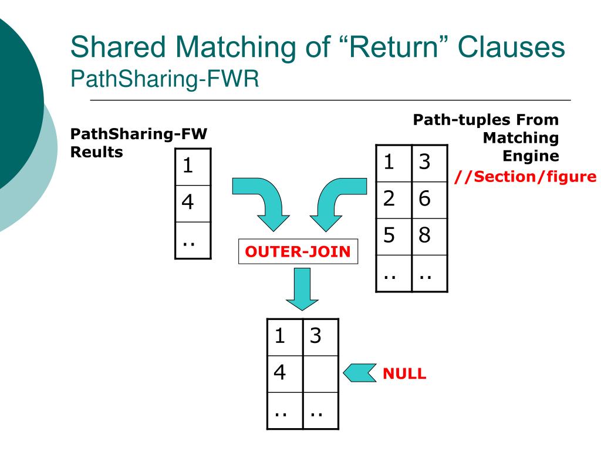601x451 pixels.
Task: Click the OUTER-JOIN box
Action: tap(298, 251)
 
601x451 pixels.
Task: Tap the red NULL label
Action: tap(404, 373)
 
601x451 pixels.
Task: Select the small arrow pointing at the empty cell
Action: tap(360, 373)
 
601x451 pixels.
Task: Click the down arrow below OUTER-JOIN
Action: tap(302, 289)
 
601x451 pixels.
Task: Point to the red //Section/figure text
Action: tap(525, 177)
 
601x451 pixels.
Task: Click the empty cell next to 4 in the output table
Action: tap(320, 374)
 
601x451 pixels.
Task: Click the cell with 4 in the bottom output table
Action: tap(285, 374)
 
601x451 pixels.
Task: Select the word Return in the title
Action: tap(393, 47)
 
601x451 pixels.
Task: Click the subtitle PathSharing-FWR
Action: tap(165, 79)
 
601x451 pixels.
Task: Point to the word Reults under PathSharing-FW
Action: tap(97, 152)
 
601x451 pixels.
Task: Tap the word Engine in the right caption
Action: tap(531, 156)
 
